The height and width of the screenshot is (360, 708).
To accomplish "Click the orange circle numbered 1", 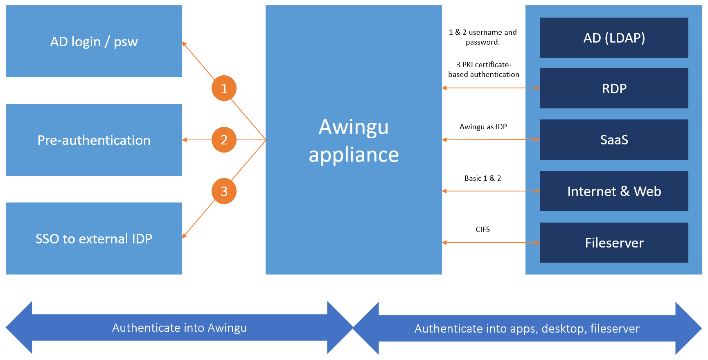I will tap(224, 88).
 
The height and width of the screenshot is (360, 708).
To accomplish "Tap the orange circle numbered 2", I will tap(224, 140).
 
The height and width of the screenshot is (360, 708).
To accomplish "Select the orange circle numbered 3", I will tap(224, 191).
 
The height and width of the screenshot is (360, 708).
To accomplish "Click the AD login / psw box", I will tap(94, 41).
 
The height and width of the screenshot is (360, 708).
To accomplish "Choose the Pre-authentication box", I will tap(94, 140).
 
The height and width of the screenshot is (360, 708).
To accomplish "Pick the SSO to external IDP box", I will tap(94, 239).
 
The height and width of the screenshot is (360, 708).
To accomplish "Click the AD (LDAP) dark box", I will tap(614, 38).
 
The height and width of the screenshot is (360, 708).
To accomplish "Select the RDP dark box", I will tap(614, 88).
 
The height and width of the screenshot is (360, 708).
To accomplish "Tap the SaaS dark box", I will tap(614, 140).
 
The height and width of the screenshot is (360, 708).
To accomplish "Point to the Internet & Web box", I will tap(614, 191).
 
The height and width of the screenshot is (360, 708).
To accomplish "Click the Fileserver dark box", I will tap(614, 243).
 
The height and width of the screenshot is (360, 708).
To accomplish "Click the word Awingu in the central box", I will tap(354, 127).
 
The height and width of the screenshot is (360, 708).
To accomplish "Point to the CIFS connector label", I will tap(483, 229).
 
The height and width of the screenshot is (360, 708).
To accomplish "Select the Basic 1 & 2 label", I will tap(483, 178).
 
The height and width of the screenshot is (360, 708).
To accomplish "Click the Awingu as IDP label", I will tap(483, 127).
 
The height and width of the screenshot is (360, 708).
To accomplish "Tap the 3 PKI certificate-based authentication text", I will tap(484, 70).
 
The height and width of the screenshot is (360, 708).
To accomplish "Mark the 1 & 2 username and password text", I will tap(483, 37).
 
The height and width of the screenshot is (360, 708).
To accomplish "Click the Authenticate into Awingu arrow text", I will tap(179, 328).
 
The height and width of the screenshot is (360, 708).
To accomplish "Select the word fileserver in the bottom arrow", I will tap(615, 328).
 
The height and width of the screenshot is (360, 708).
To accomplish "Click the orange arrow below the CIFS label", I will tap(491, 243).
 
